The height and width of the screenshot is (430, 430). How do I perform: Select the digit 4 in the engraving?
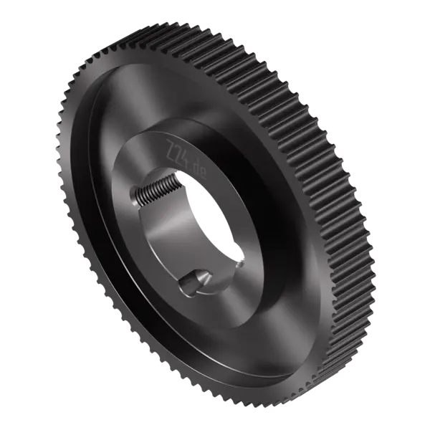click(x=184, y=158)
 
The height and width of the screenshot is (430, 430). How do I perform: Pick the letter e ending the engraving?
click(x=203, y=175)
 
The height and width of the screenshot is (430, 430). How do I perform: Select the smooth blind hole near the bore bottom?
click(x=195, y=282)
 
